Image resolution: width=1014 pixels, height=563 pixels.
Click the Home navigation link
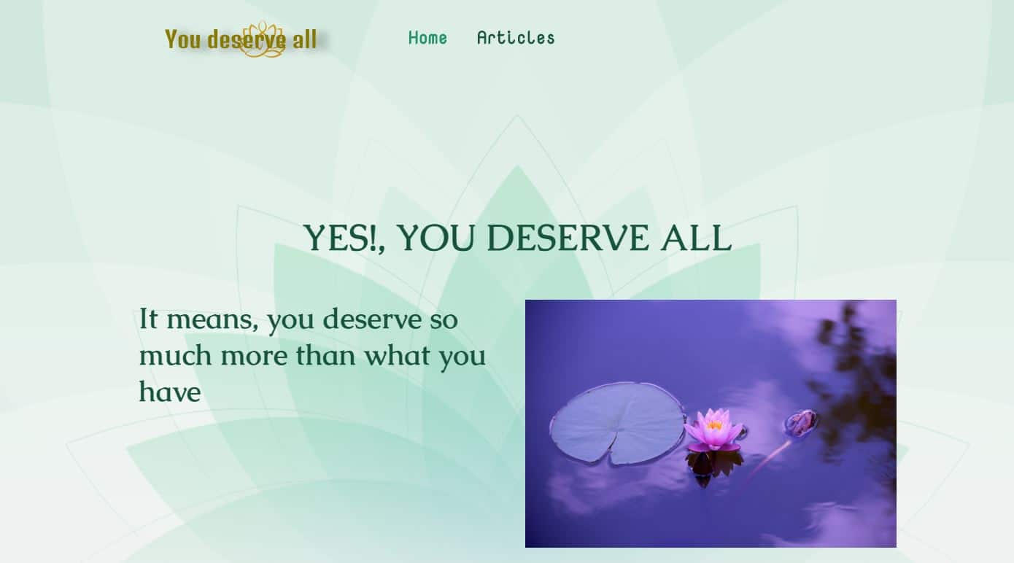point(427,38)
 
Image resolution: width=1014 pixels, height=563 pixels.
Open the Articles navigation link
point(516,38)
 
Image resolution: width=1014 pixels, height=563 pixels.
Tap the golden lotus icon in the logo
point(262,39)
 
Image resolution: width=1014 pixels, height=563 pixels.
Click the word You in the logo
point(182,39)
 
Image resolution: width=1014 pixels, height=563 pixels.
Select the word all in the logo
point(305,39)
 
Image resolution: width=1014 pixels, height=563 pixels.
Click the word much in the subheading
point(176,356)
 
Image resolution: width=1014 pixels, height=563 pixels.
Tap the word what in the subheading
point(398,356)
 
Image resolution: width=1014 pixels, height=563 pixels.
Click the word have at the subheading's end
point(169,392)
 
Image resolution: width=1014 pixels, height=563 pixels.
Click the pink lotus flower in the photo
point(713,430)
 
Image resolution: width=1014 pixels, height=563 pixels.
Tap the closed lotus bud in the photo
point(801,422)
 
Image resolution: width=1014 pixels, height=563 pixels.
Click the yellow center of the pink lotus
point(714,424)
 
